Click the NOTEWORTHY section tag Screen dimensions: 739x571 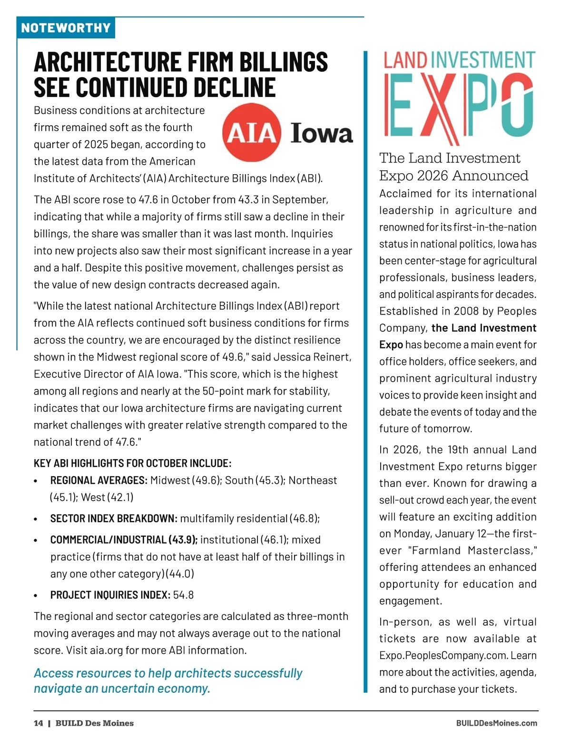[66, 28]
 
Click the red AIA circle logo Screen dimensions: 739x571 [252, 132]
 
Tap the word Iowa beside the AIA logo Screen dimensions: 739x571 [322, 133]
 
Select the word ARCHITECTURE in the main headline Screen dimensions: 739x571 [108, 62]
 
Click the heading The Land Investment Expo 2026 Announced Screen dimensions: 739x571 [453, 167]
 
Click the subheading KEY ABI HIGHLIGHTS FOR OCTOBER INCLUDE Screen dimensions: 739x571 [132, 463]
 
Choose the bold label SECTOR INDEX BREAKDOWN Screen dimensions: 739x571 [114, 518]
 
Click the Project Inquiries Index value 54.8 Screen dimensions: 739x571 [183, 595]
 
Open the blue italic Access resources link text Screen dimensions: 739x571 [168, 680]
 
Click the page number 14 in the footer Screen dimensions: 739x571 [38, 723]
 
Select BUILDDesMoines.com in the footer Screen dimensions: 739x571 [496, 723]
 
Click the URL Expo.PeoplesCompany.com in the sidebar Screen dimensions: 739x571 [443, 655]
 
